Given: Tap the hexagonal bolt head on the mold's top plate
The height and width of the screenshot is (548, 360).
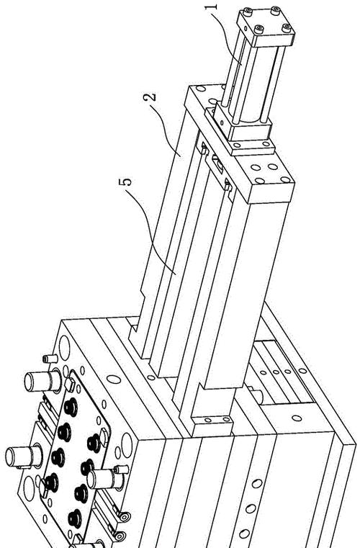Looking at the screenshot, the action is (104, 434).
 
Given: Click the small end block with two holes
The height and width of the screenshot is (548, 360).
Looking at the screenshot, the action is (212, 424).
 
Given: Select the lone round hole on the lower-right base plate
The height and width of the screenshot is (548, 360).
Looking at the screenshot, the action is (297, 418).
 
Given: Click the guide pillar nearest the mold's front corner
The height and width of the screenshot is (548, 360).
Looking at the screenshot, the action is (105, 479).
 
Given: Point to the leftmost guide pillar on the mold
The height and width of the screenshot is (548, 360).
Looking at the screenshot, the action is (24, 457).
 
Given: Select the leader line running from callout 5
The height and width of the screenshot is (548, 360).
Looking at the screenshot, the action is (151, 230).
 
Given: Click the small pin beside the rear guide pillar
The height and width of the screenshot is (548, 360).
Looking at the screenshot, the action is (50, 359).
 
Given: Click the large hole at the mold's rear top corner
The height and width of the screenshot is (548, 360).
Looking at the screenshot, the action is (64, 344).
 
